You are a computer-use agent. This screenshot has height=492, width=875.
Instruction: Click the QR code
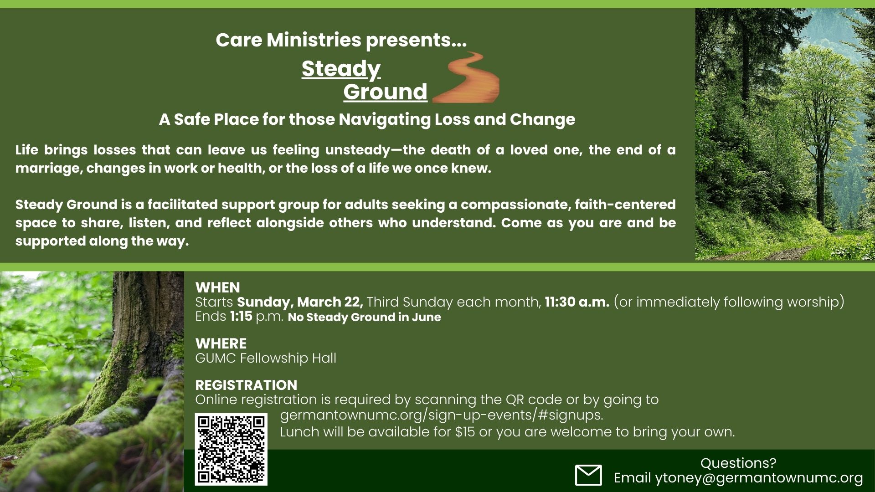231,449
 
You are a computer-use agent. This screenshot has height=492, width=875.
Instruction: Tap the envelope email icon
588,475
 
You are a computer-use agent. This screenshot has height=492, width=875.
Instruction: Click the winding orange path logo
466,77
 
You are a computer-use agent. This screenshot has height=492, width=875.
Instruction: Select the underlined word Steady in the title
341,69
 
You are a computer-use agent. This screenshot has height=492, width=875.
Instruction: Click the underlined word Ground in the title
385,92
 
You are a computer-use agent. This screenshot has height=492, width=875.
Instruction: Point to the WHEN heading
217,287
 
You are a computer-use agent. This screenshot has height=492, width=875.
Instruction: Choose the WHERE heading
221,343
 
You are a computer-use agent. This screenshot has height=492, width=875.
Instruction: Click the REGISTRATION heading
246,385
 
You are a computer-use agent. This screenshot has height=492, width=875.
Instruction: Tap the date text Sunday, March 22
300,302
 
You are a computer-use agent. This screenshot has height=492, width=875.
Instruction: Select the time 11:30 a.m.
577,302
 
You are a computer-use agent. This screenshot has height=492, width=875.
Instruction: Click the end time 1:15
241,316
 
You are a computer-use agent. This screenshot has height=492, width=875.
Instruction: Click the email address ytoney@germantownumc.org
759,478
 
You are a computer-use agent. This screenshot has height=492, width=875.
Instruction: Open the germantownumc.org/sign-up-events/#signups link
442,415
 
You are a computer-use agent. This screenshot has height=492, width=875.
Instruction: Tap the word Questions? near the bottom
738,463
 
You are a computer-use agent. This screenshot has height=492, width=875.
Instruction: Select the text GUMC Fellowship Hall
266,358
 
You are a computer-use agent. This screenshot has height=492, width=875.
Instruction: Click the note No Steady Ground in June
365,317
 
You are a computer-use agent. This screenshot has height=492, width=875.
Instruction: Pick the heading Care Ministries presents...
341,40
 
